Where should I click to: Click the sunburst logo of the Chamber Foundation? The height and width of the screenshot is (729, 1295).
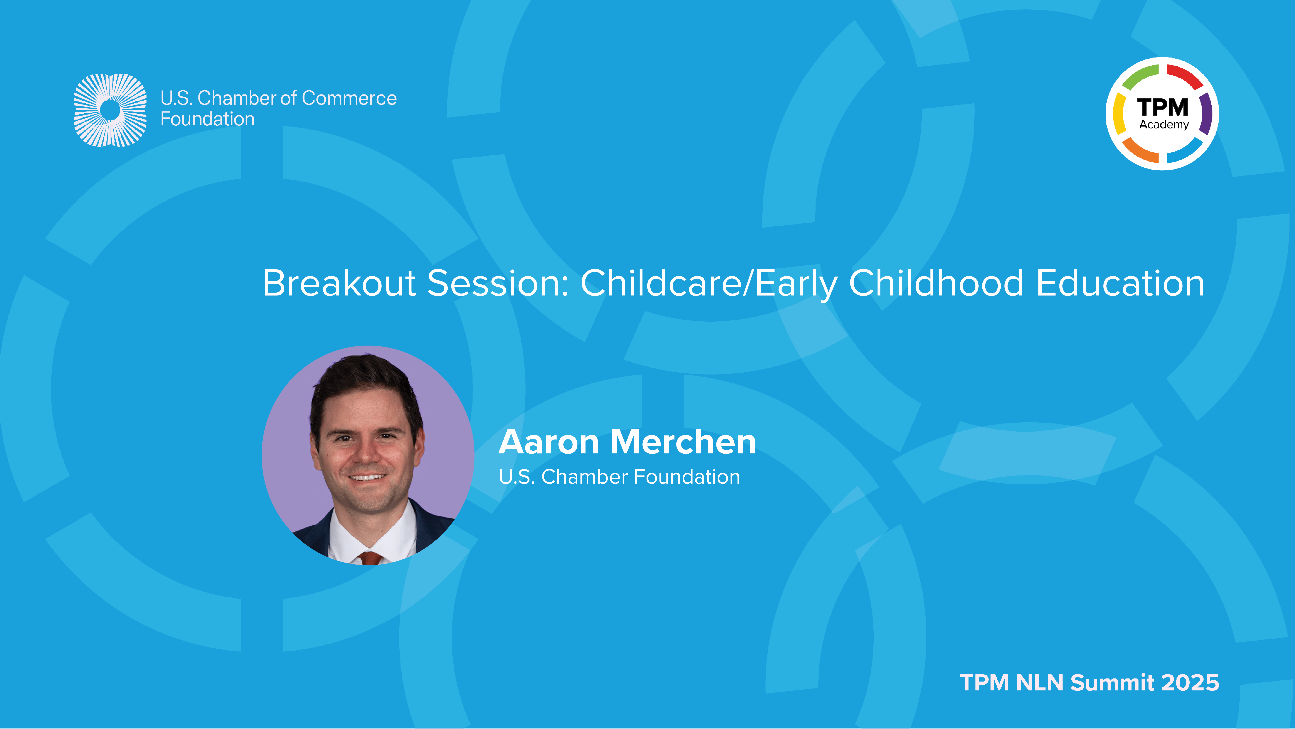click(x=110, y=110)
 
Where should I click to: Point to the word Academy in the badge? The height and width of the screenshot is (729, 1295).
click(x=1164, y=125)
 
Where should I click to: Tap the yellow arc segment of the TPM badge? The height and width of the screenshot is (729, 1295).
click(x=1119, y=114)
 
